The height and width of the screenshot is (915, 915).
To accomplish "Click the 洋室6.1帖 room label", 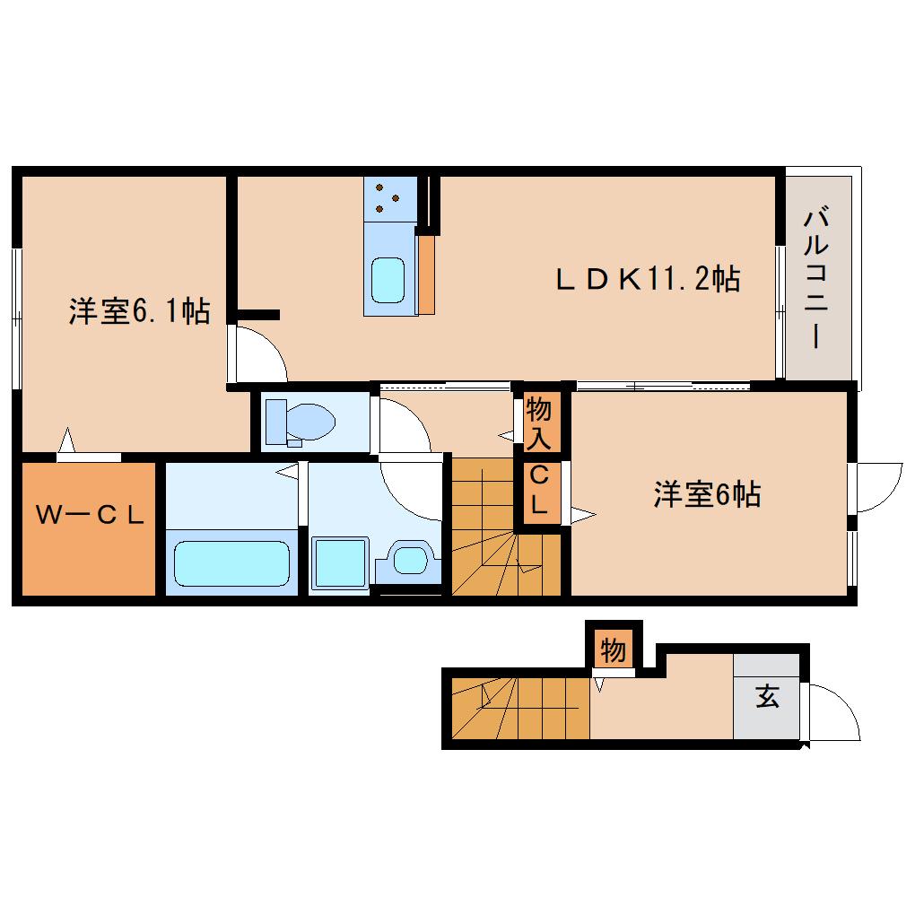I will [x=139, y=312].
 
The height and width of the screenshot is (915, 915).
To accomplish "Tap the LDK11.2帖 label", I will [x=648, y=280].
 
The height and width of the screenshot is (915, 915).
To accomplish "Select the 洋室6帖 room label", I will [x=707, y=494].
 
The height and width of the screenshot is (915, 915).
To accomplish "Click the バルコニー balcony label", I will [x=815, y=278].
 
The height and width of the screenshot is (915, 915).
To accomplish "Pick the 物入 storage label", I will [x=538, y=423].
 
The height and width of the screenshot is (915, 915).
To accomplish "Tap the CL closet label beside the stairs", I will [x=538, y=491].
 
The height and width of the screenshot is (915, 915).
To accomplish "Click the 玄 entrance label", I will [x=766, y=697].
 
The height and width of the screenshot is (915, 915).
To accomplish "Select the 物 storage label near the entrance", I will [x=614, y=649].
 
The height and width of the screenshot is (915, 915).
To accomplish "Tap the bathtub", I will [x=231, y=563].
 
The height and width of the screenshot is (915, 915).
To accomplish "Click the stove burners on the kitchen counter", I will [x=389, y=198].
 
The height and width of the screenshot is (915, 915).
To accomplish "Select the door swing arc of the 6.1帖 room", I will [x=258, y=355].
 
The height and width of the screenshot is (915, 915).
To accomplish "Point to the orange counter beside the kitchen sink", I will [x=427, y=274].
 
